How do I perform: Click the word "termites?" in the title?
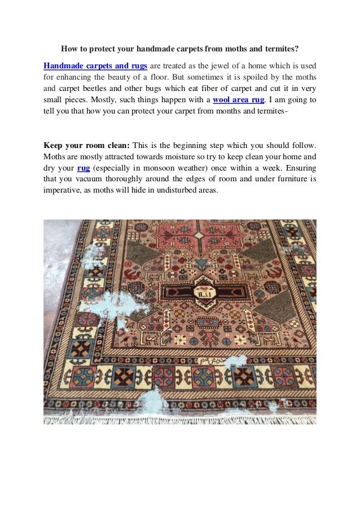click(280, 49)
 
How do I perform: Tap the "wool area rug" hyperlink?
click(239, 100)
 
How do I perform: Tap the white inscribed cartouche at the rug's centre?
click(202, 293)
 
